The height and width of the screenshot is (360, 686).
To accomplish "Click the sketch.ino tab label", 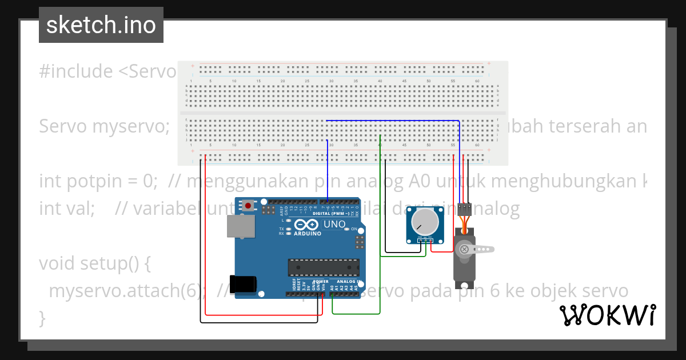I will point(101,25).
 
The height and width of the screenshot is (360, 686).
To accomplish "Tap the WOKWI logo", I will point(607,315).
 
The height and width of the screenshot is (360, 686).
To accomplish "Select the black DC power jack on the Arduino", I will point(246,283).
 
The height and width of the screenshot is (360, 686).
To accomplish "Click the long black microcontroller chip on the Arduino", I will point(324,267).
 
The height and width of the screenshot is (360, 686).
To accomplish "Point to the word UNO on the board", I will point(334,225).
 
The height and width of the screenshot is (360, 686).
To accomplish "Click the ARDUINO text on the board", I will point(307,233).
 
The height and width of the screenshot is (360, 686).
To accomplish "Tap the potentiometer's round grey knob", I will point(424,223).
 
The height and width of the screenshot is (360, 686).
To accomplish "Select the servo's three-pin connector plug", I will point(464,206).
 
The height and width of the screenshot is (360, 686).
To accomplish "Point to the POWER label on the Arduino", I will point(320,282).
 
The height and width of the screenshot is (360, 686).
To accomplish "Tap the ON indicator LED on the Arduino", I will point(346,229).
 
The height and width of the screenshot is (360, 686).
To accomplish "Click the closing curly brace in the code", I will point(42,317).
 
